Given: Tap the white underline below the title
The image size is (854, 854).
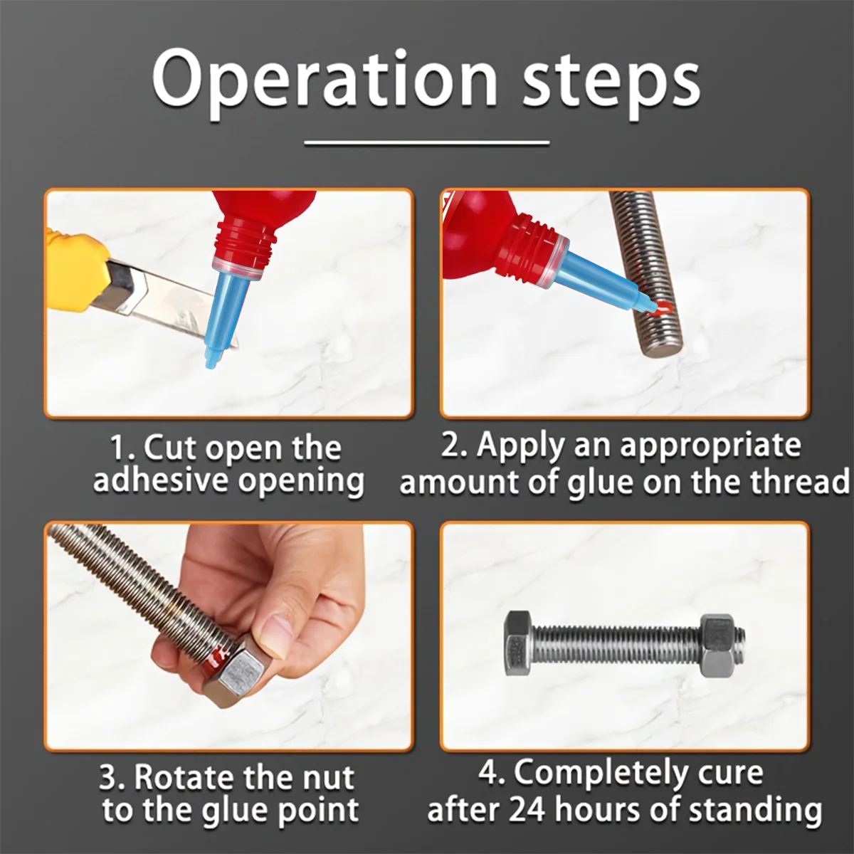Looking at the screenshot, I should [x=427, y=143].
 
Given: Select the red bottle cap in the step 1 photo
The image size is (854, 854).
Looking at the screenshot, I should [x=246, y=242].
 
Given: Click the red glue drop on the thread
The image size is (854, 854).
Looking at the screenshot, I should [x=663, y=307].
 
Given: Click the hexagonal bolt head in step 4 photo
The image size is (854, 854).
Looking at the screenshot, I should [x=518, y=643].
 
